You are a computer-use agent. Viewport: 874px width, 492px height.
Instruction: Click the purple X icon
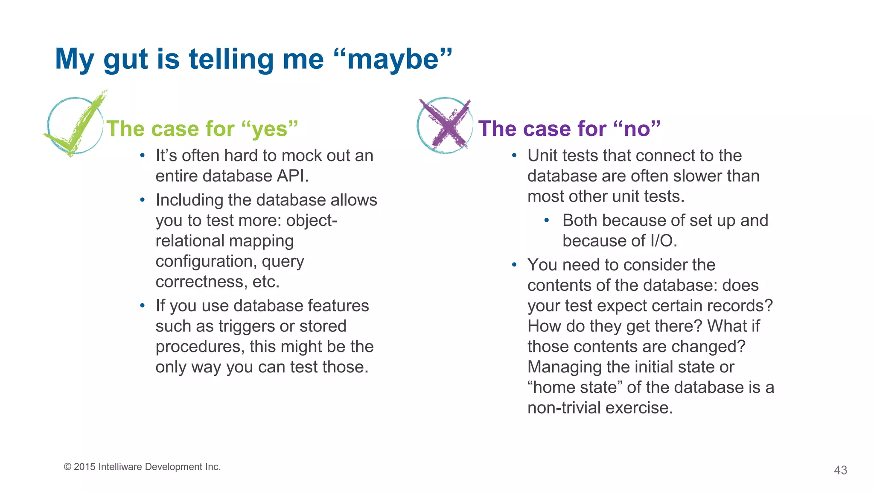[x=445, y=125]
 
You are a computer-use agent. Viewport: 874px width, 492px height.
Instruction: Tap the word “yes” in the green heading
[x=269, y=129]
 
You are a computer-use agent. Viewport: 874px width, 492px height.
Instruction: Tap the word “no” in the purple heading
[x=637, y=129]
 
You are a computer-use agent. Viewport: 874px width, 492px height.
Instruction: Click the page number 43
[x=840, y=470]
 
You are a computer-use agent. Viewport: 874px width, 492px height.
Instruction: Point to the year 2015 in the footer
[x=84, y=467]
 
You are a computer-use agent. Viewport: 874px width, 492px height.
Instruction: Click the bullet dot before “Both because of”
[x=547, y=221]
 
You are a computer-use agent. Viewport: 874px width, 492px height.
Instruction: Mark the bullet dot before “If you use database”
[x=143, y=306]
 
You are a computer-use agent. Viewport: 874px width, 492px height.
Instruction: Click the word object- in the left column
[x=312, y=221]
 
